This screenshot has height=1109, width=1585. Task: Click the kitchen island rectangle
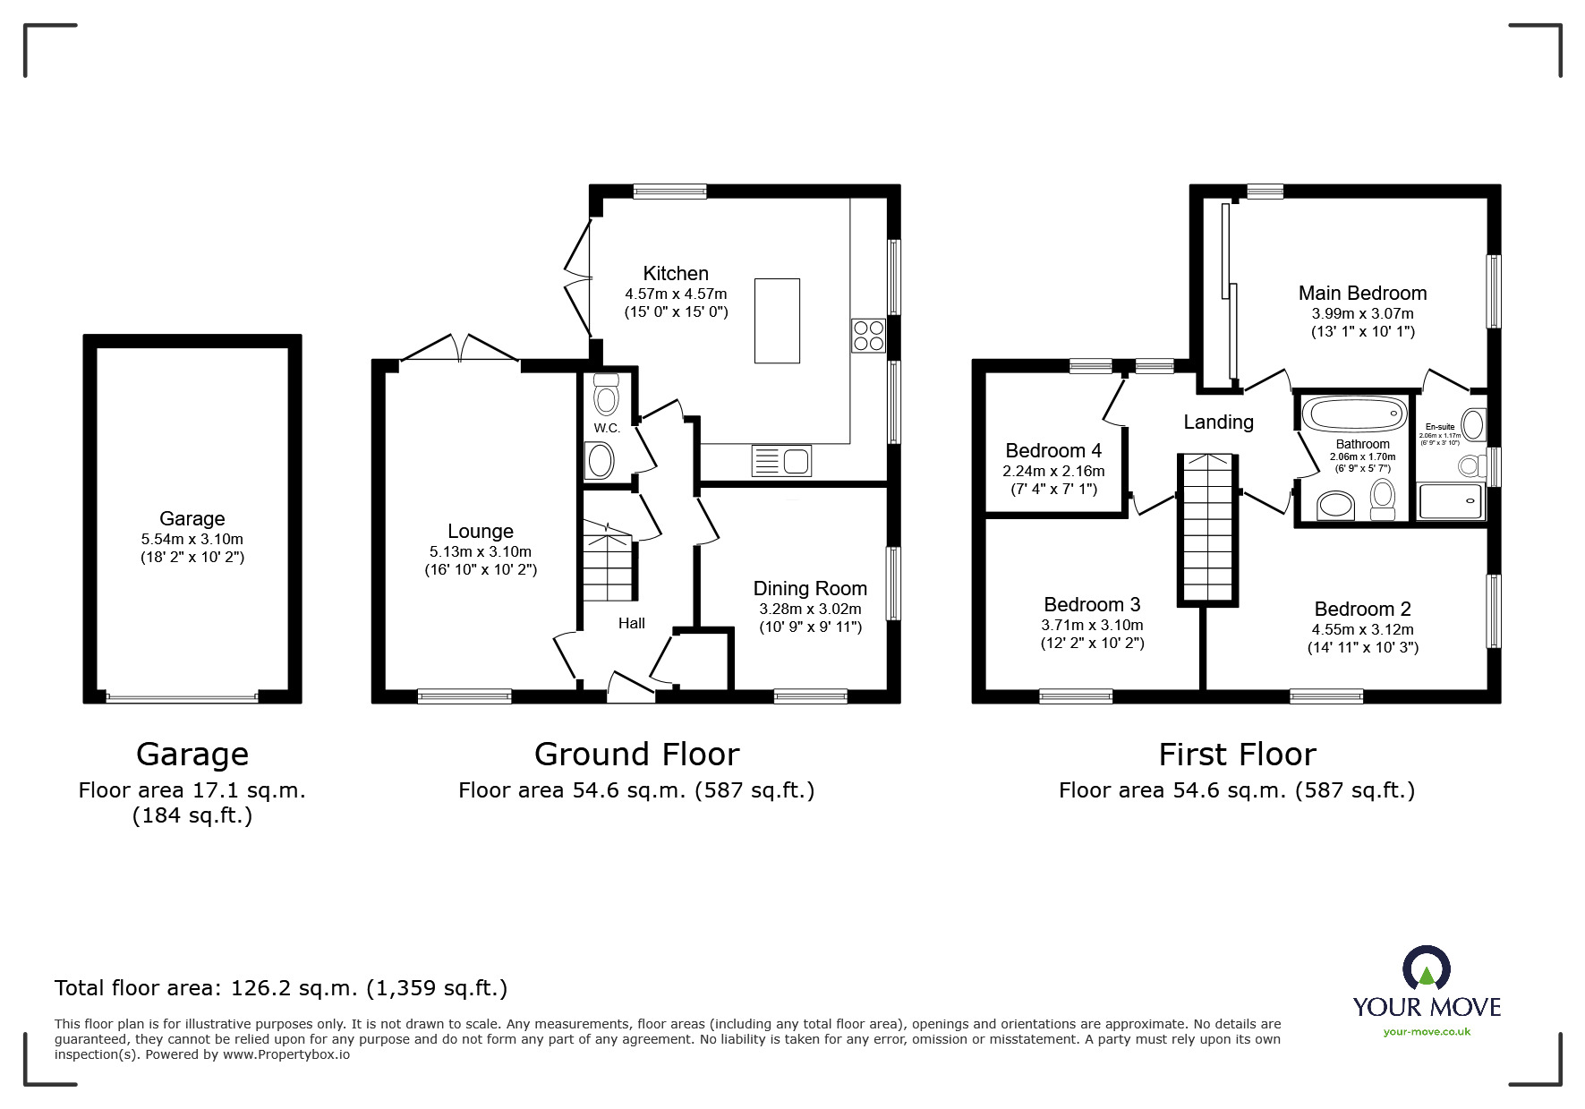tap(777, 320)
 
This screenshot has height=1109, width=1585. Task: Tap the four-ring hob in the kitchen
tap(868, 336)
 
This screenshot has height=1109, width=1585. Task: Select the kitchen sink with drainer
tap(782, 461)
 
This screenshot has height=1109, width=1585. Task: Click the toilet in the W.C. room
tap(607, 395)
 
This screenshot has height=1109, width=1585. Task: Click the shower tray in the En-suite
tap(1451, 502)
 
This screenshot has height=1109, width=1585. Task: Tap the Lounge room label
tap(481, 532)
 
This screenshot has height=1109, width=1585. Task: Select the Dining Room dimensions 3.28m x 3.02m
tap(810, 609)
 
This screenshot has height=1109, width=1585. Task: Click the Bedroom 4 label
tap(1053, 450)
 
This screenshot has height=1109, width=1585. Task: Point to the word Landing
tap(1218, 422)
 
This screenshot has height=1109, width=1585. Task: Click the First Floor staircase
tap(1207, 528)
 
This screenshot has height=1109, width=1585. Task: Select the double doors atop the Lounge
tap(459, 348)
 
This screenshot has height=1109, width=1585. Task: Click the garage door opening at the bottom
tap(183, 696)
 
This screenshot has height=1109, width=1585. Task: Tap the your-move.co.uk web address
tap(1427, 1032)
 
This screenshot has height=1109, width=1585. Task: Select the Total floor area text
tap(281, 988)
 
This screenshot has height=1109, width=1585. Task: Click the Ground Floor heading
tap(636, 755)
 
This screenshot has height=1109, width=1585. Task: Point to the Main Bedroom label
tap(1362, 293)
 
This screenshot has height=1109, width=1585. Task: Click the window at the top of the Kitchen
tap(669, 191)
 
